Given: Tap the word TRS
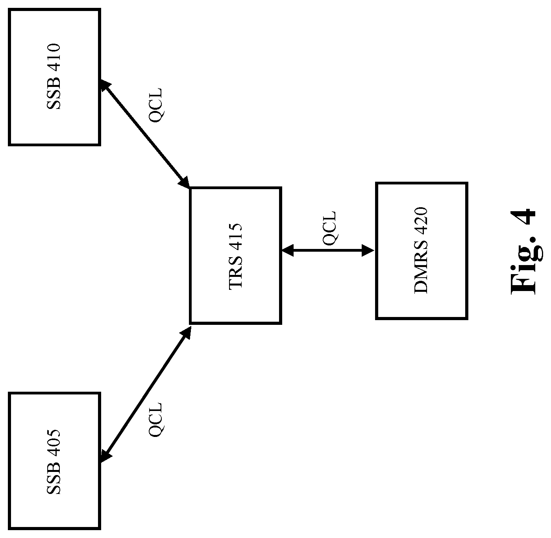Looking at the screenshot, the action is (x=235, y=273).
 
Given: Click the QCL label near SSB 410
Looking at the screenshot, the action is (x=155, y=105).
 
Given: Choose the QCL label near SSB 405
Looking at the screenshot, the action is (x=155, y=420).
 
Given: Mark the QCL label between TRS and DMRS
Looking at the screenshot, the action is (x=329, y=228).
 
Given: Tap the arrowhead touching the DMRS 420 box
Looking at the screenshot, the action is (x=368, y=251).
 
